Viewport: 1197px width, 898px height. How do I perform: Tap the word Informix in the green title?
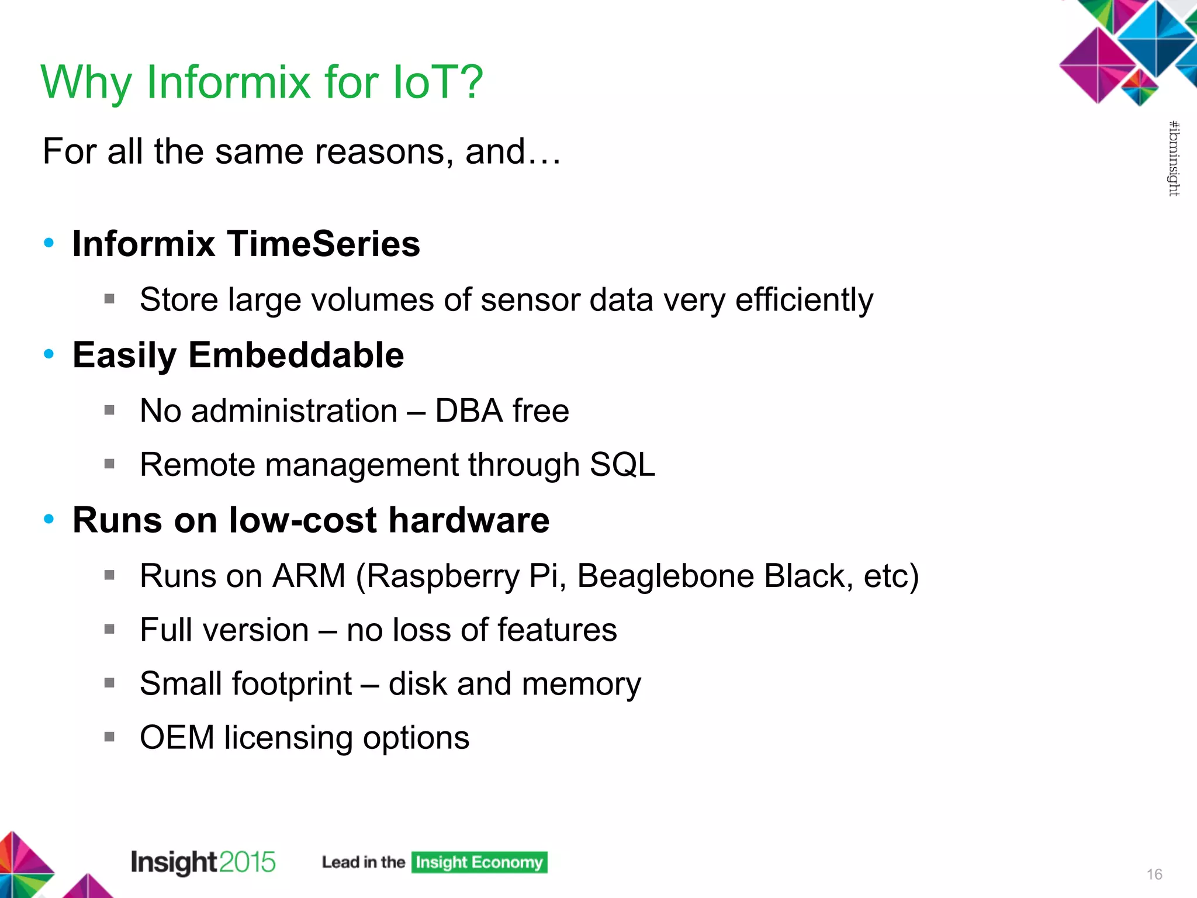[228, 82]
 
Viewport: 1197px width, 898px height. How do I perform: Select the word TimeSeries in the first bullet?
[323, 244]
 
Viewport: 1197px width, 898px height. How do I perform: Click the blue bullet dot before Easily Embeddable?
[49, 354]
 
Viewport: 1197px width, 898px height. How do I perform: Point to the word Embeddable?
[296, 355]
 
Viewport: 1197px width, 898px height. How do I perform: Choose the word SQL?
[622, 465]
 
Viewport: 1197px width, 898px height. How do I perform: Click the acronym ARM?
[309, 576]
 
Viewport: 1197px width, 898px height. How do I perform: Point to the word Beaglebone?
[665, 576]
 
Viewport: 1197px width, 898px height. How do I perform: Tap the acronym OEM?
[177, 737]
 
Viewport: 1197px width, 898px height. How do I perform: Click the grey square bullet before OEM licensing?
[109, 737]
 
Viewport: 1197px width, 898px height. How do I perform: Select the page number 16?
[1154, 874]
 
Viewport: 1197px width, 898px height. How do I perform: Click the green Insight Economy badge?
[479, 862]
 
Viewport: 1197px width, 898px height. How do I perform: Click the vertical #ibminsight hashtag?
[1174, 158]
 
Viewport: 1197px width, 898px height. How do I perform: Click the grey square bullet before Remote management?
[109, 464]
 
